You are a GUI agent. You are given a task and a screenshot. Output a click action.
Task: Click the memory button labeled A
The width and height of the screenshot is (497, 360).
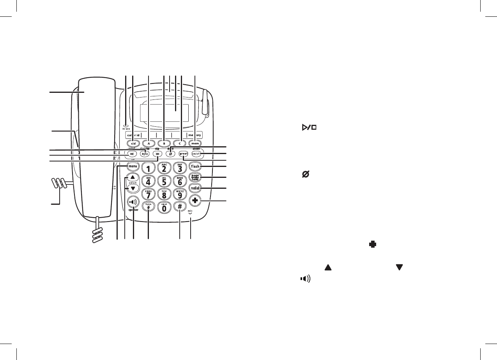coord(149,143)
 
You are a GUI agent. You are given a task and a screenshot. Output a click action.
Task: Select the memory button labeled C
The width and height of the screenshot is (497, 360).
coord(180,143)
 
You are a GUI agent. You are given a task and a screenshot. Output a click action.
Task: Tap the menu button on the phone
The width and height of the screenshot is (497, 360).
coord(133,167)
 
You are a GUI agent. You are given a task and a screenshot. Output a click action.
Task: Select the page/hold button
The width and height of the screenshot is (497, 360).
coord(195,177)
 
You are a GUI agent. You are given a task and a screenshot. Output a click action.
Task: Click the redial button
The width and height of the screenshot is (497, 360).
coord(195,188)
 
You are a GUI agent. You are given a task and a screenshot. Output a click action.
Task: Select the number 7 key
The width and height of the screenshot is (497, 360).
coord(149,194)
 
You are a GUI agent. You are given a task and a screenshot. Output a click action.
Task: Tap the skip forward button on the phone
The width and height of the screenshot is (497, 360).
coord(157,154)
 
